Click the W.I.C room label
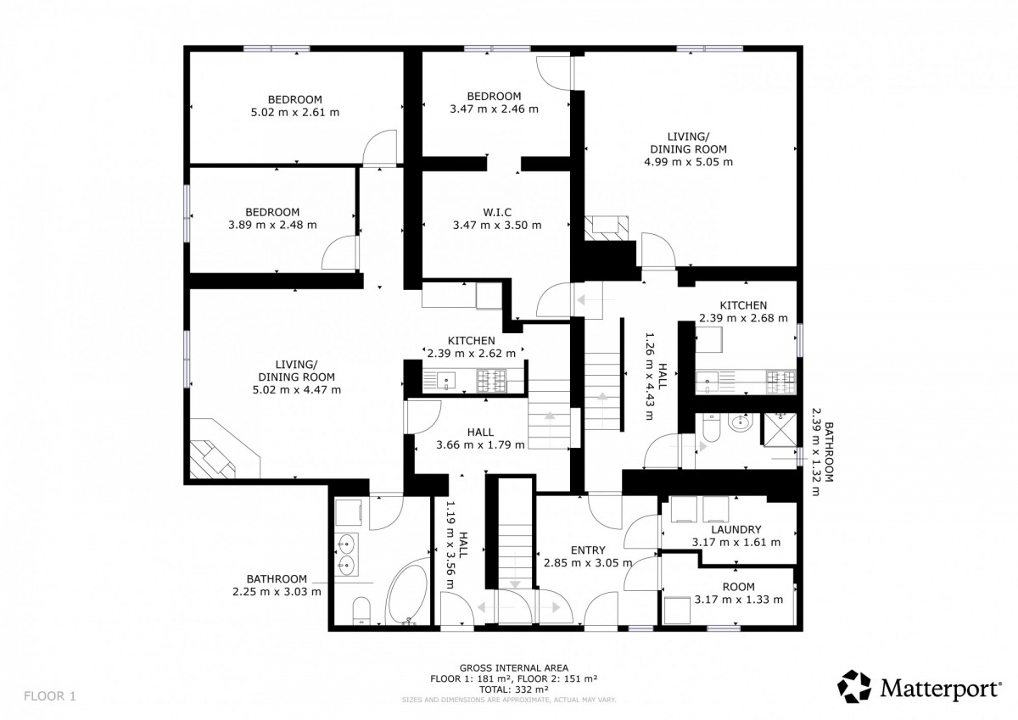(x=497, y=212)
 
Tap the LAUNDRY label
(x=736, y=529)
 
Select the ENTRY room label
(x=588, y=550)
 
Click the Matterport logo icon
(x=854, y=686)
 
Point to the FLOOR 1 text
(x=50, y=696)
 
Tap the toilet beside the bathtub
(x=361, y=611)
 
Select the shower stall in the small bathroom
(x=780, y=430)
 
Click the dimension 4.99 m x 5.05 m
(x=688, y=162)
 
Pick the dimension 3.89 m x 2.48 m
(x=272, y=225)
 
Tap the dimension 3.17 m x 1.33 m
(x=739, y=600)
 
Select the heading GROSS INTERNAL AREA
(x=513, y=667)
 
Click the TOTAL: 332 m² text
(x=513, y=689)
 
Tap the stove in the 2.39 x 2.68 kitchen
(x=780, y=382)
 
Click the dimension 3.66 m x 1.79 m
(x=480, y=444)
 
